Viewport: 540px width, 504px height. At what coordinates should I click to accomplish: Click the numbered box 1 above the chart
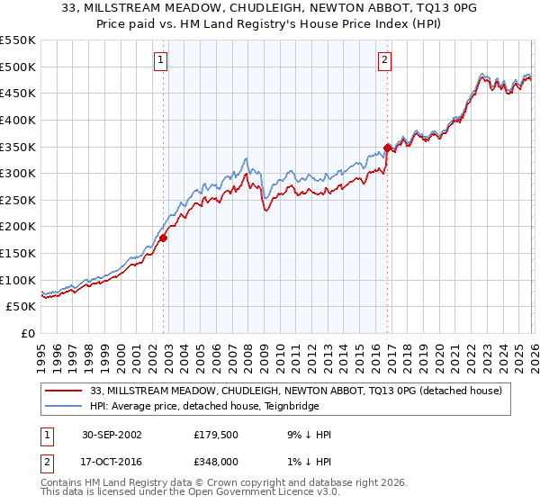[x=160, y=60]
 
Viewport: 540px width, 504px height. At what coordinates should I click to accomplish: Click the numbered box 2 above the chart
[x=384, y=60]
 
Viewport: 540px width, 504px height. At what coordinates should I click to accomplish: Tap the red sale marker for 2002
[x=164, y=238]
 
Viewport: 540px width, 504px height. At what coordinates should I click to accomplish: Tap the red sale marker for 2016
[x=387, y=148]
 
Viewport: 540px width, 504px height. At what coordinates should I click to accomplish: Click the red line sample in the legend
[x=64, y=391]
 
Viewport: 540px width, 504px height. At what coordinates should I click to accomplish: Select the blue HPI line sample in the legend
[x=64, y=406]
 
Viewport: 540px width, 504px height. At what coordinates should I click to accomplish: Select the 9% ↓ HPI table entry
[x=309, y=435]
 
